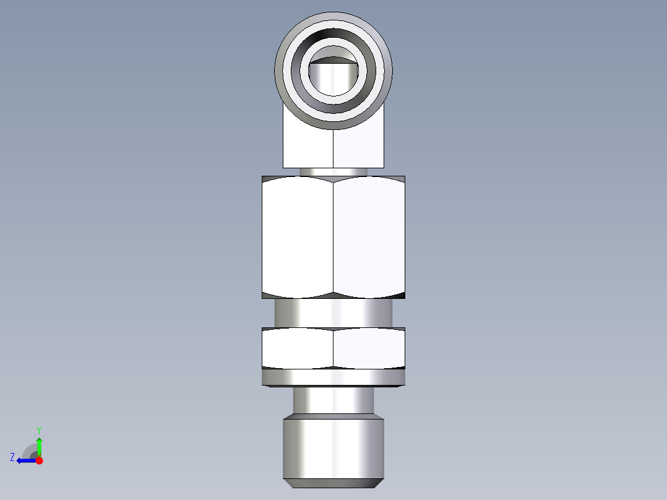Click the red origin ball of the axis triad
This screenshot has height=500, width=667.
click(x=39, y=460)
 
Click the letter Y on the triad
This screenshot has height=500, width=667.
click(x=38, y=429)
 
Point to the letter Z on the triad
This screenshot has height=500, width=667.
click(x=12, y=457)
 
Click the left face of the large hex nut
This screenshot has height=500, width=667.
click(x=298, y=235)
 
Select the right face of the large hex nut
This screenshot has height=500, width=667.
click(x=369, y=235)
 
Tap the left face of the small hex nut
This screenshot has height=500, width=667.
click(x=298, y=349)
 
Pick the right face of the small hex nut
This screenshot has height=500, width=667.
click(x=369, y=349)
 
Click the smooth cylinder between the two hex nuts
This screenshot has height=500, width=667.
click(x=333, y=312)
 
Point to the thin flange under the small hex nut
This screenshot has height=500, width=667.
click(x=333, y=377)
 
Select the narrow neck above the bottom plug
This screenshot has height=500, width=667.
click(x=333, y=400)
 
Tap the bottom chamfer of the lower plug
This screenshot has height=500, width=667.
click(x=333, y=483)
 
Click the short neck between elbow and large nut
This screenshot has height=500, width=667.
click(x=333, y=172)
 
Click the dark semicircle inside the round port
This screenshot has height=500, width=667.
click(x=333, y=60)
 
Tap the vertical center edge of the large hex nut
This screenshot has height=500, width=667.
click(x=333, y=235)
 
